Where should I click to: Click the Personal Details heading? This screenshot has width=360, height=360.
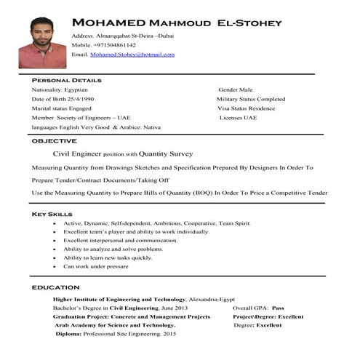66,79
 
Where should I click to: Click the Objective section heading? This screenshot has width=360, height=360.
55,140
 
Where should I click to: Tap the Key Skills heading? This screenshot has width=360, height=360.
52,215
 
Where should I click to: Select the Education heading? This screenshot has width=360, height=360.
56,288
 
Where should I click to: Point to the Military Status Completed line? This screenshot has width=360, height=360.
251,99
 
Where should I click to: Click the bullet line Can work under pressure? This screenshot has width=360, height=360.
95,266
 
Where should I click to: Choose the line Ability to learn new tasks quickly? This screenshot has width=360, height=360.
108,257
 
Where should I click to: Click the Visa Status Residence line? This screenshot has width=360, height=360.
248,108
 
